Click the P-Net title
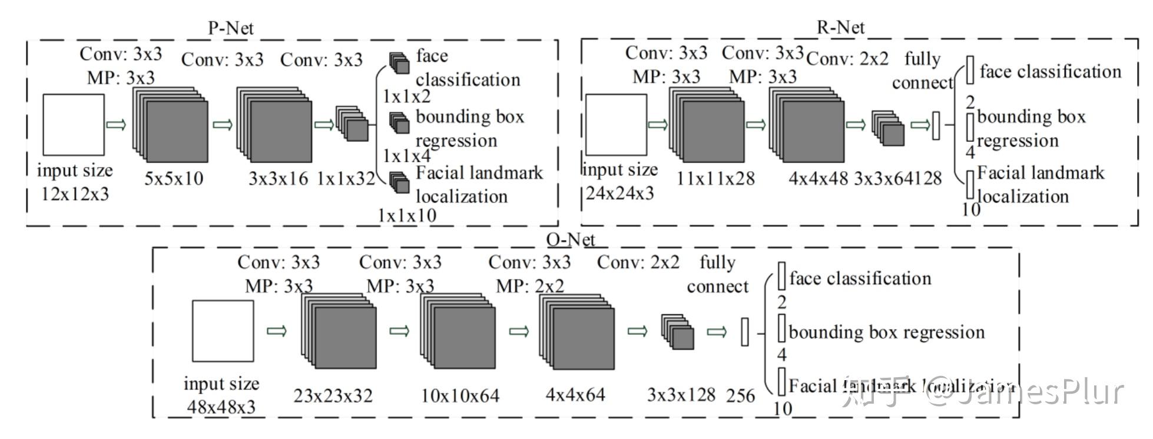tap(231, 28)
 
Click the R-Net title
tap(840, 27)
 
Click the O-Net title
tap(571, 240)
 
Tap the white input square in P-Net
tap(74, 125)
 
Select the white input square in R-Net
tap(616, 124)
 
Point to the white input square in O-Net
tap(223, 331)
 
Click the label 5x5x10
tap(174, 178)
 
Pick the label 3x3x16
tap(278, 178)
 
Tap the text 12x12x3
tap(75, 194)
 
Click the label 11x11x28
tap(715, 178)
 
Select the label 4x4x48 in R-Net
tap(818, 178)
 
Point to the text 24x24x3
tap(619, 193)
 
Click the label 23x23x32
tap(333, 395)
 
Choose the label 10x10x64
tap(460, 395)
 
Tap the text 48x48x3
tap(221, 407)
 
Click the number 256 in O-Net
tap(740, 395)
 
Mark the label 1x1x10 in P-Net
tap(407, 215)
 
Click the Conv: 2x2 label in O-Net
tap(638, 262)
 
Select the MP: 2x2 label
tap(529, 286)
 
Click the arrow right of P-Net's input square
tap(116, 125)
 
